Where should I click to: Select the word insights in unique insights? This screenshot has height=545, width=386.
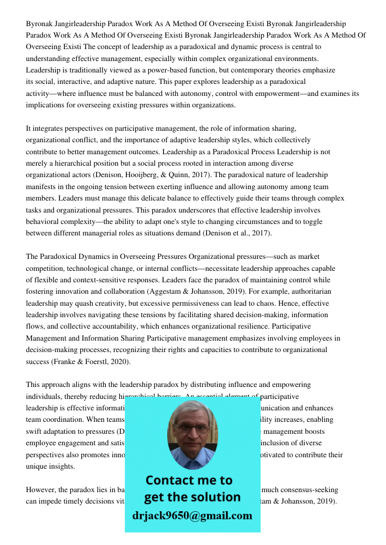click(62, 467)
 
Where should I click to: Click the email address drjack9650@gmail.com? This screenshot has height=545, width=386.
click(192, 516)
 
